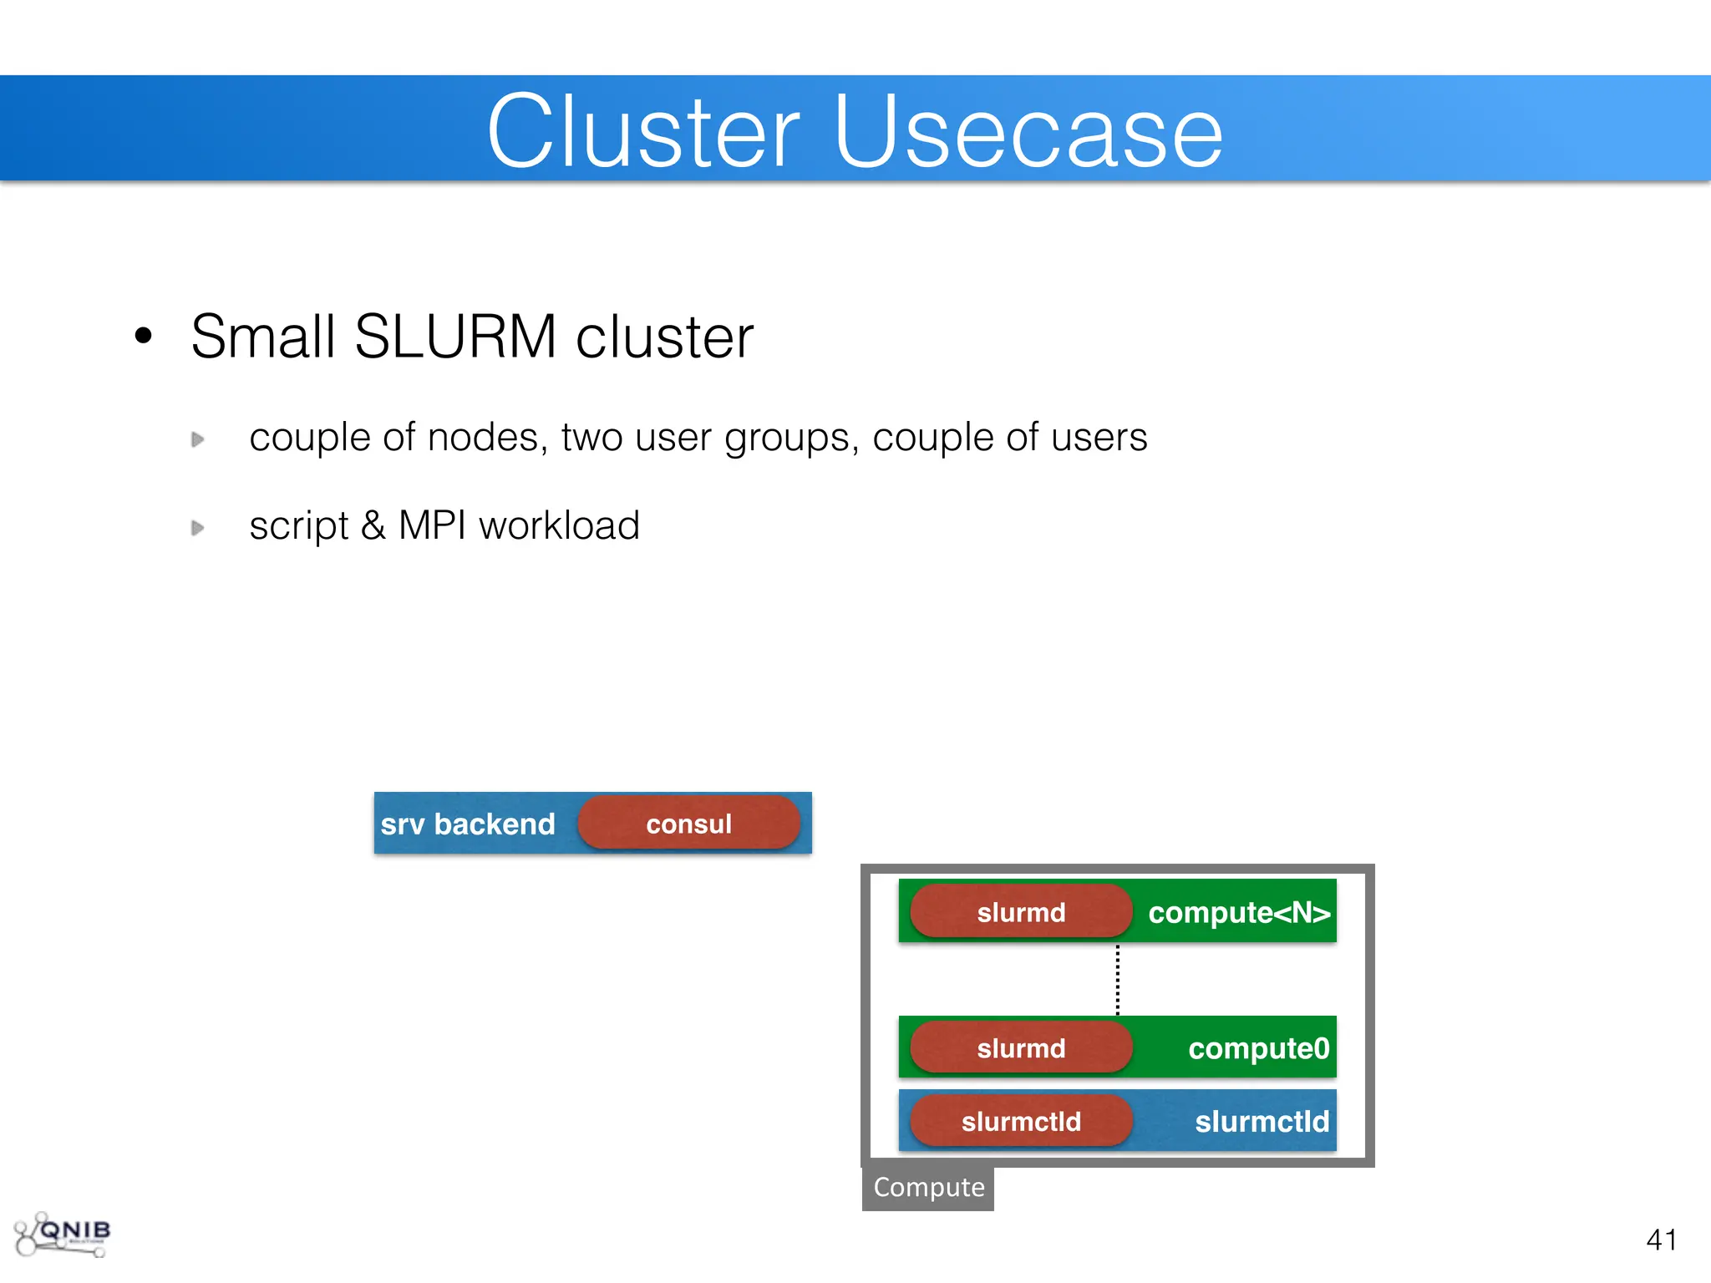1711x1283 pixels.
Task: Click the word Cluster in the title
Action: [643, 132]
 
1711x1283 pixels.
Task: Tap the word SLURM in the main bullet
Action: [455, 337]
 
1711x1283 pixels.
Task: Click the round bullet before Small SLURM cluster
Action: [144, 336]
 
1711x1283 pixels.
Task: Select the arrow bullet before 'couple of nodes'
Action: [198, 439]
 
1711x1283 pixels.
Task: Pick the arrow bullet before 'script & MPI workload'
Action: [198, 528]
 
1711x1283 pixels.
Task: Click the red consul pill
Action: [688, 824]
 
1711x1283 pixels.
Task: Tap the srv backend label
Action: [468, 824]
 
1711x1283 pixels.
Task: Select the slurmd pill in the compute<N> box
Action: [1021, 912]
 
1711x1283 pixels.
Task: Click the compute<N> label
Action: [1239, 912]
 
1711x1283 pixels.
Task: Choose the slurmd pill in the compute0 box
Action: [1021, 1048]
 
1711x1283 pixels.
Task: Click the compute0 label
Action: [1258, 1048]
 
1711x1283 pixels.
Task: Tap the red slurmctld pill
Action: [1021, 1121]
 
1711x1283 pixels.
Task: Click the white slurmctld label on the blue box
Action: [1262, 1121]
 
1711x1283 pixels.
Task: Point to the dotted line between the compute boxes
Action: [1118, 979]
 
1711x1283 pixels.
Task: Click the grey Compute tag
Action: [928, 1187]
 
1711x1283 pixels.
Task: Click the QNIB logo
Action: [63, 1235]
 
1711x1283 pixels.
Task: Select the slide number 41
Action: [1662, 1240]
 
